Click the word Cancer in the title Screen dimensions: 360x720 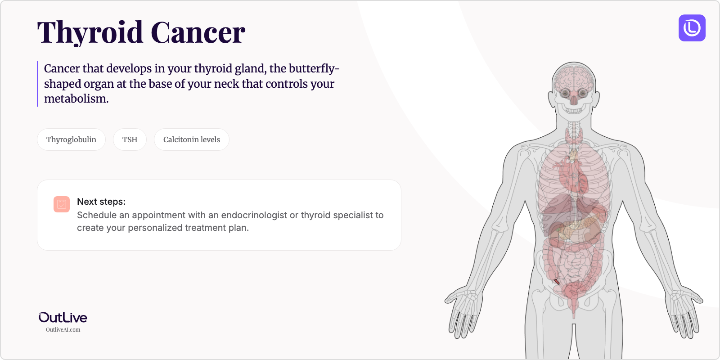tap(198, 33)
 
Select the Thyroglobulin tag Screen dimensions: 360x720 tap(71, 139)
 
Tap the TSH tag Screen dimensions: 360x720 tap(130, 139)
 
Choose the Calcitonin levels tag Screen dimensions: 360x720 tap(191, 139)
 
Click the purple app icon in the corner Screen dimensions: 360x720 tap(692, 28)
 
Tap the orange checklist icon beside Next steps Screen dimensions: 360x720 tap(62, 204)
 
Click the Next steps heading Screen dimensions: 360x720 tap(101, 202)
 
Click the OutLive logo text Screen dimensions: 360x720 tap(63, 318)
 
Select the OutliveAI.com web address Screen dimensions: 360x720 tap(63, 330)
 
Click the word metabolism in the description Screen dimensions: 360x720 tap(76, 99)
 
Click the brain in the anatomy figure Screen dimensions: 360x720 tap(574, 77)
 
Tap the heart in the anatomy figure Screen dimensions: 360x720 tap(571, 175)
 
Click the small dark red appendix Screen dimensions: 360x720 tap(557, 282)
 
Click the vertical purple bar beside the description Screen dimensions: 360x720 tap(37, 84)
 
